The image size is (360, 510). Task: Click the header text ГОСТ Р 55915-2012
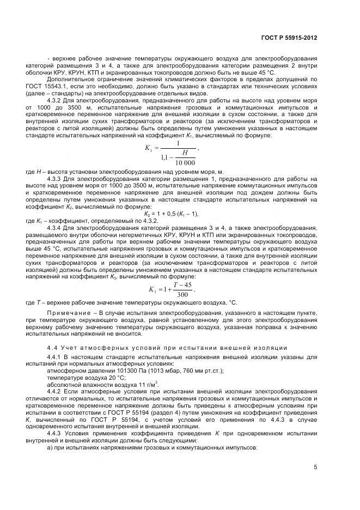(290, 38)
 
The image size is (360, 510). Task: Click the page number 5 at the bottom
(315, 467)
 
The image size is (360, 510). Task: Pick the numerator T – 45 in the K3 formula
(177, 284)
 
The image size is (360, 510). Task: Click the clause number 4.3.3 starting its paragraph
(57, 178)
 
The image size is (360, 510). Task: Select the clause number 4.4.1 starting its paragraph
(57, 356)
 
